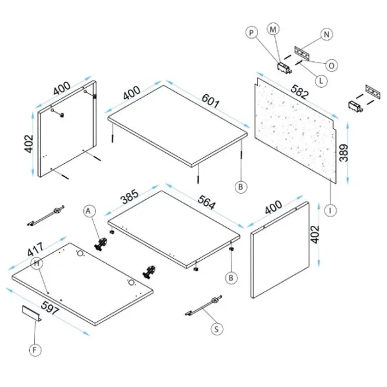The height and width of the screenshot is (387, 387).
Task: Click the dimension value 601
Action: coord(210,101)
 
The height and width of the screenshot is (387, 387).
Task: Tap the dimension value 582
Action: coord(299,92)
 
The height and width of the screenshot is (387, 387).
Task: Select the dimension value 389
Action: coord(344,153)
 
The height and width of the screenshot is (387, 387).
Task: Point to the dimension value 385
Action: coord(130,197)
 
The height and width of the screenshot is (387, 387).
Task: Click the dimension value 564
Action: coord(207,203)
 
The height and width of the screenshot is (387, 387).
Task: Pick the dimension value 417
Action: coord(35,250)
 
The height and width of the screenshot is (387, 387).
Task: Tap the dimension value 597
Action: coord(50,308)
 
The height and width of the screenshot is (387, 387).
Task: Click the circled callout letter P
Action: coord(252,33)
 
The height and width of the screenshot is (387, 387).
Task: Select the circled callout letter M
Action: coord(273,30)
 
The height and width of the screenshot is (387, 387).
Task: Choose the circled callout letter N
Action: coord(326,34)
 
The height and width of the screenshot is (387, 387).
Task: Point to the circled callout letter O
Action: coord(332,66)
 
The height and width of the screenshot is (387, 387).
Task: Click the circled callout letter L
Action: coord(321,81)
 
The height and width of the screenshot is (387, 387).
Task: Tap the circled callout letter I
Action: coord(330,210)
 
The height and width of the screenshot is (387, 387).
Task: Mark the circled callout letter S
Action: coord(217,329)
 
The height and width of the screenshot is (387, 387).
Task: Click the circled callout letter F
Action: coord(35,350)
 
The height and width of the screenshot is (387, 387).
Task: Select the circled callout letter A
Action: coord(88,212)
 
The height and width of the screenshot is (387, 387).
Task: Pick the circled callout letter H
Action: coord(37,263)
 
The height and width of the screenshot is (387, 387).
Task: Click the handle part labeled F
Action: coord(32,313)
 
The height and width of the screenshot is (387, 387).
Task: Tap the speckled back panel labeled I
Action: coord(296,131)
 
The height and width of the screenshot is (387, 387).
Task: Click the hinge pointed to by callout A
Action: coord(101,244)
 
